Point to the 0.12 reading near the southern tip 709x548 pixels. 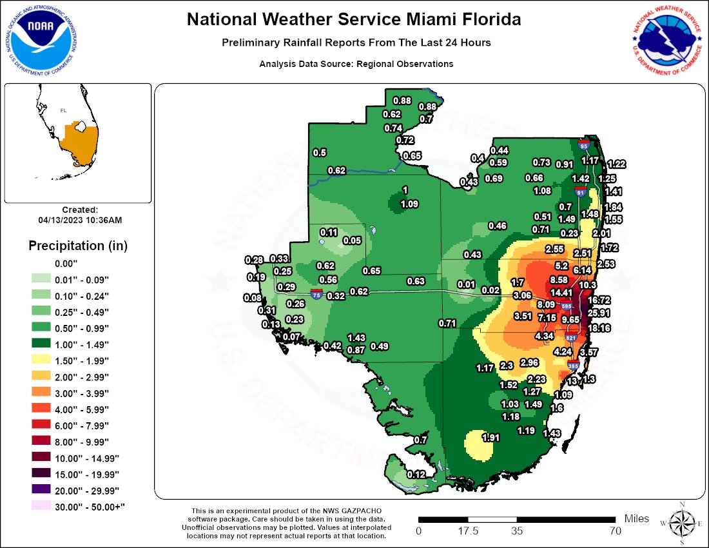[417, 475]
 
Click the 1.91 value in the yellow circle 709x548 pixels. [492, 438]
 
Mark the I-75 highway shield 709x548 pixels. [316, 295]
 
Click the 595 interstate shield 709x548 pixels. [567, 306]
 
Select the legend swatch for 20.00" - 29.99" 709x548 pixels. [41, 491]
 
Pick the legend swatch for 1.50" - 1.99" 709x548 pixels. [41, 360]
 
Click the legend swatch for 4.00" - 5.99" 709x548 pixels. [41, 409]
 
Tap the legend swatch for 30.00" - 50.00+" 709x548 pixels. [41, 507]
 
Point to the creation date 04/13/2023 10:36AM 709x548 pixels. [80, 220]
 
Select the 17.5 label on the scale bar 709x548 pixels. [468, 531]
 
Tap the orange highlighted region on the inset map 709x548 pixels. [82, 142]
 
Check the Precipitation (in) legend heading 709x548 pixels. [78, 246]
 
